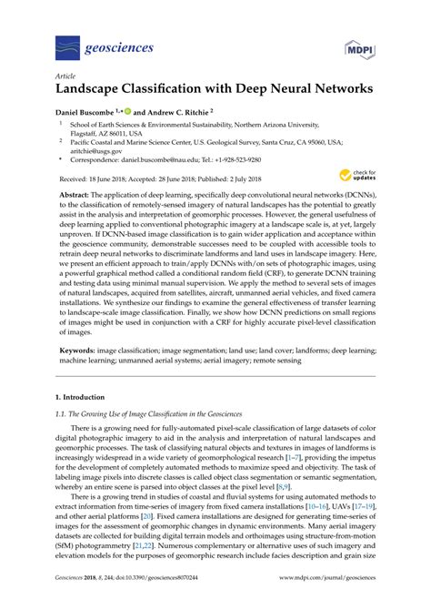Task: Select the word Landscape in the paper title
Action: [95, 91]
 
